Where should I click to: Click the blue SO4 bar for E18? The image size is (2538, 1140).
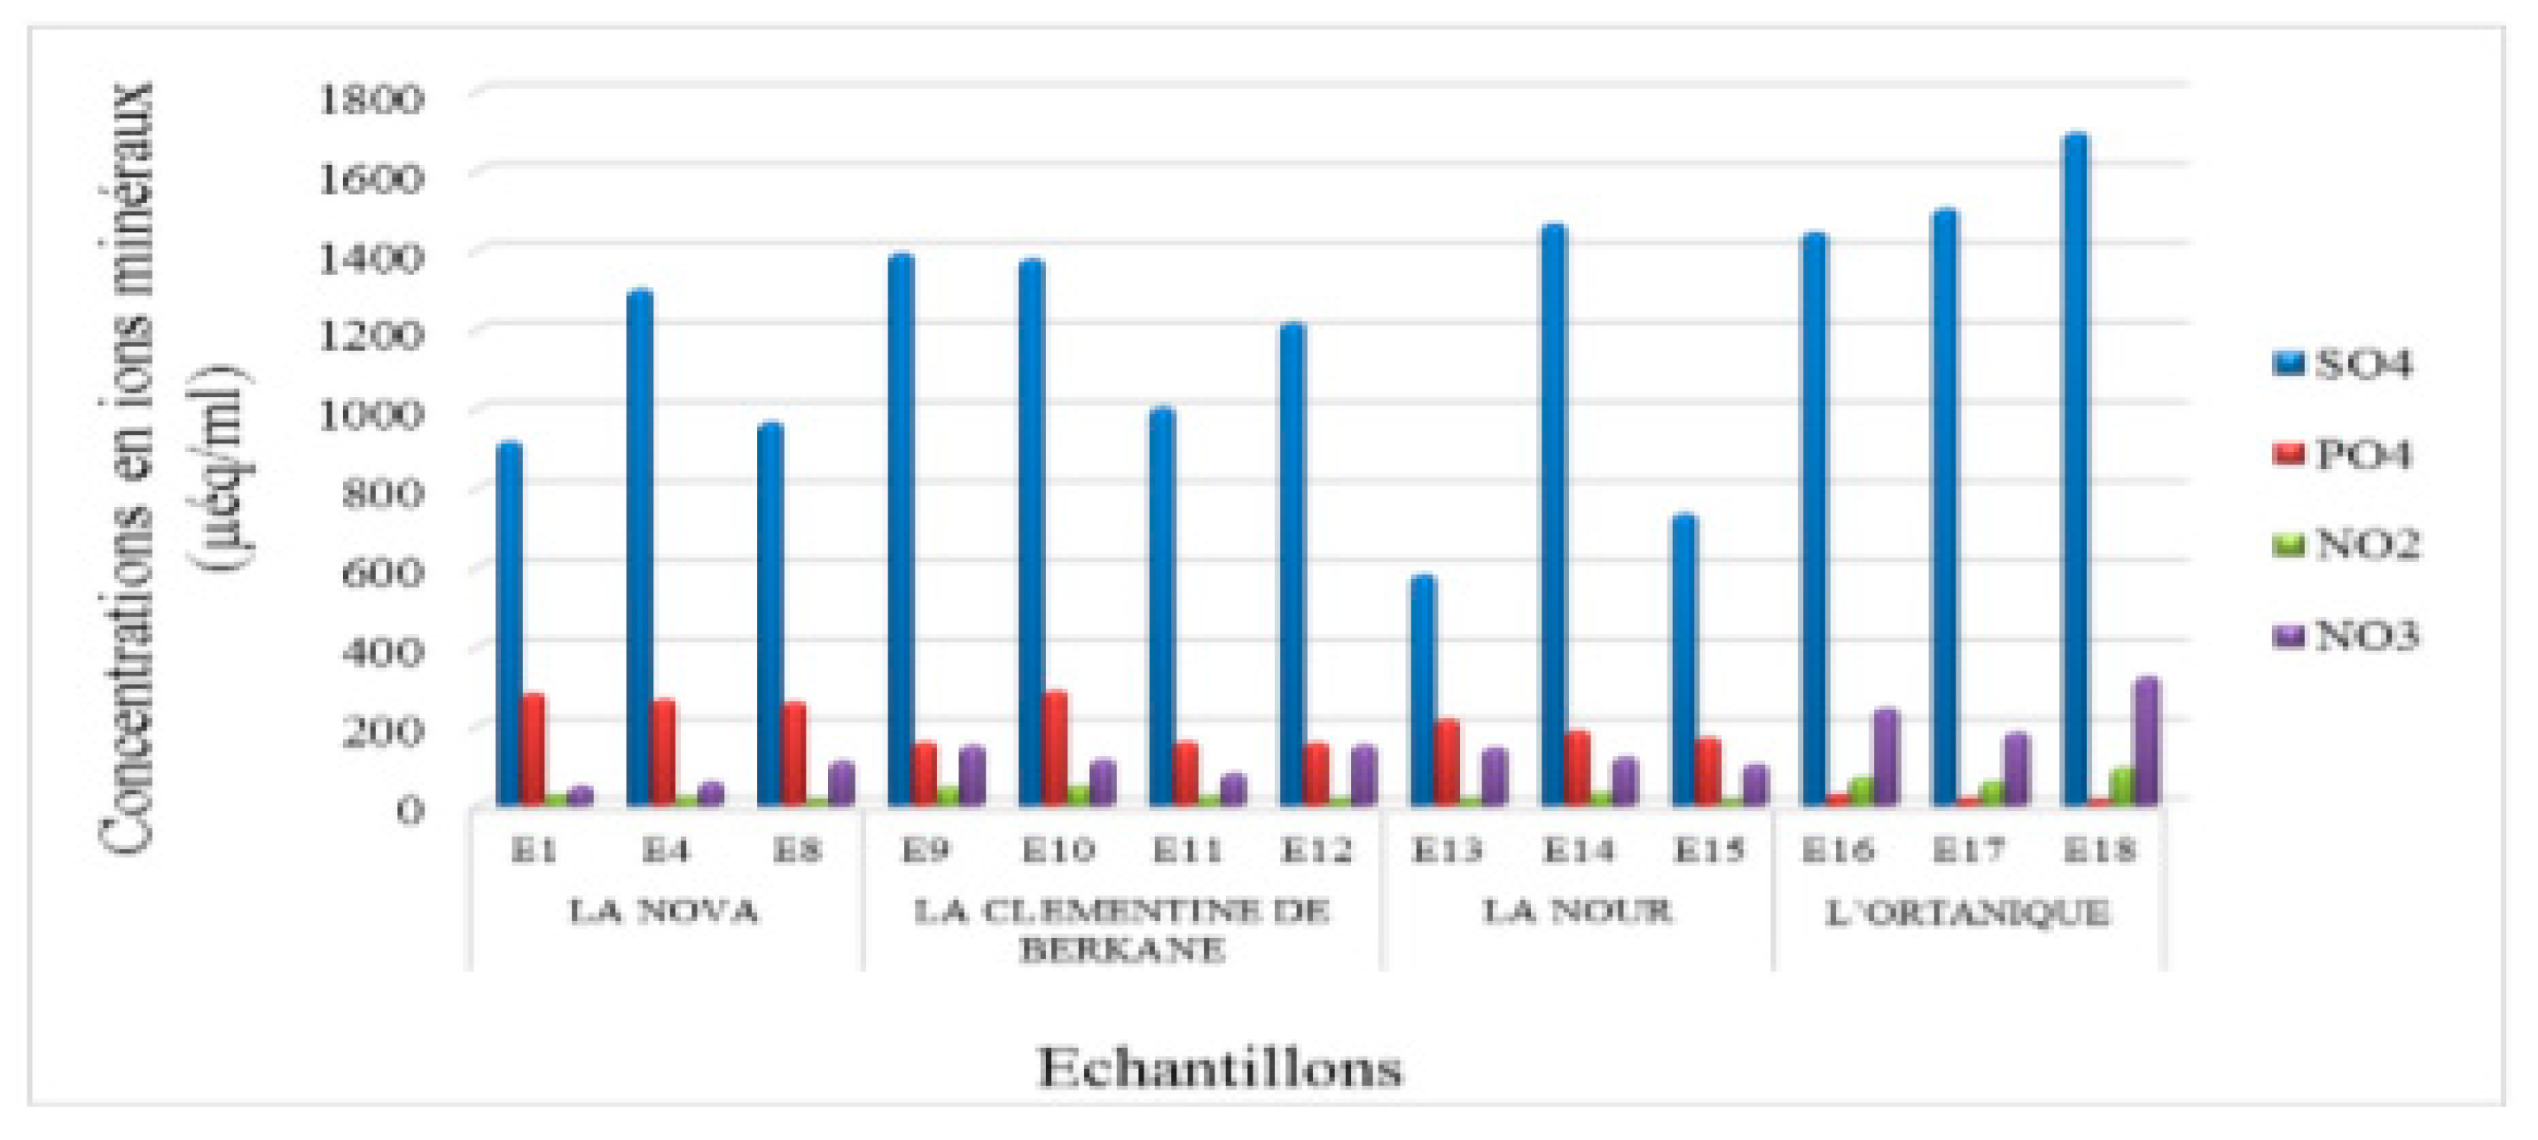pyautogui.click(x=2075, y=473)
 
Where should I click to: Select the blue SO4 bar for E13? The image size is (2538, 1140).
pyautogui.click(x=1423, y=690)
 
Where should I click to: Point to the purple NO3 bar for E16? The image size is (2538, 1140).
pyautogui.click(x=1886, y=758)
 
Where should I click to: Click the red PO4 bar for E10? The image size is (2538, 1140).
pyautogui.click(x=1056, y=749)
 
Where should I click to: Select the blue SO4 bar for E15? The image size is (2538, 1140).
pyautogui.click(x=1683, y=660)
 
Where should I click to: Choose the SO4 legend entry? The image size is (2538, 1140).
pyautogui.click(x=2345, y=364)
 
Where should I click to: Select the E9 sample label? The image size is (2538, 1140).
pyautogui.click(x=926, y=849)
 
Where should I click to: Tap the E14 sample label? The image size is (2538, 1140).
pyautogui.click(x=1578, y=849)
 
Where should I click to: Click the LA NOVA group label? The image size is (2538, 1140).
pyautogui.click(x=664, y=911)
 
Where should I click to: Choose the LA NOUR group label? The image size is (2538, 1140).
pyautogui.click(x=1576, y=911)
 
